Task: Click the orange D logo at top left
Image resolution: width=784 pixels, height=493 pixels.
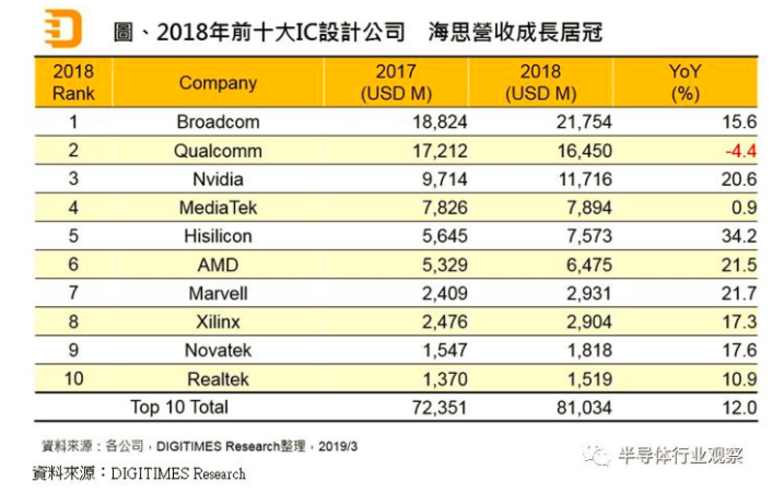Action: click(x=63, y=29)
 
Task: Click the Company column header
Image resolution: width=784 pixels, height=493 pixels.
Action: click(x=218, y=83)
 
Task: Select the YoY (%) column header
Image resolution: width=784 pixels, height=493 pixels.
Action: click(x=685, y=82)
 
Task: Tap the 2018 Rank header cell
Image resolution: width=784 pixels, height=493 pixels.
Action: click(x=73, y=82)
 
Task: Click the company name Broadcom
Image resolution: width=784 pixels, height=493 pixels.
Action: click(x=218, y=122)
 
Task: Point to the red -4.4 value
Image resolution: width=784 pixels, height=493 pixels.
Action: click(x=741, y=151)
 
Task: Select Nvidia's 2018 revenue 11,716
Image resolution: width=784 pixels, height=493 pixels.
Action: click(x=584, y=180)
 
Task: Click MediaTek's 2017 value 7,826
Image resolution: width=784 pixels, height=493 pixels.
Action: click(x=444, y=208)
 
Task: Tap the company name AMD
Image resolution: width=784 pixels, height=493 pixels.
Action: click(x=218, y=265)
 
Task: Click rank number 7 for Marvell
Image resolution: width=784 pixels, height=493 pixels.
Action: click(x=73, y=293)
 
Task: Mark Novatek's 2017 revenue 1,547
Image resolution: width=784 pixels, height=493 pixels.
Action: click(x=444, y=351)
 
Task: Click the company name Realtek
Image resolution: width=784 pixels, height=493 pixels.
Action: click(x=218, y=379)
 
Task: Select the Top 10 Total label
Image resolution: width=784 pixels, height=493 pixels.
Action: click(x=179, y=407)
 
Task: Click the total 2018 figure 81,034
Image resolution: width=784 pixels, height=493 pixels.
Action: click(x=584, y=408)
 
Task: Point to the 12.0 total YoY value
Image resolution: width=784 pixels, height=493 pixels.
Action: click(x=739, y=408)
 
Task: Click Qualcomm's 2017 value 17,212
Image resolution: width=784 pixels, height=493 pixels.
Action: click(x=440, y=151)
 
